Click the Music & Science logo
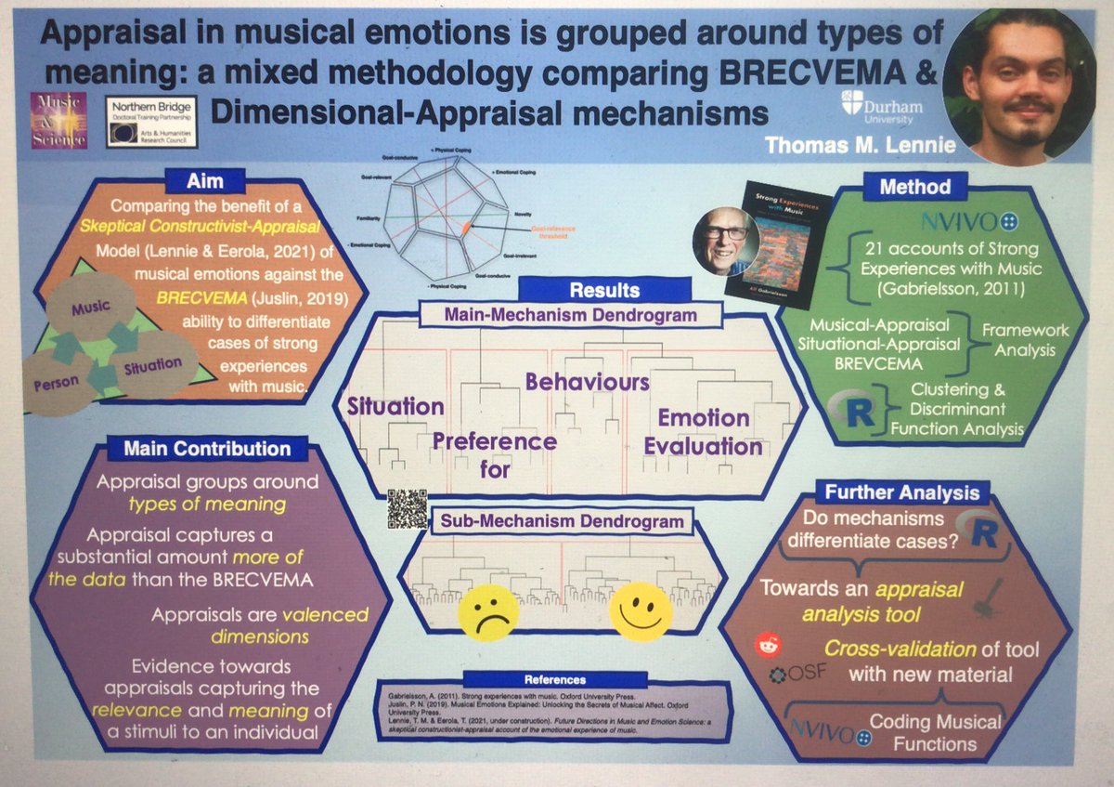click(59, 119)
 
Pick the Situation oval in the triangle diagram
click(153, 364)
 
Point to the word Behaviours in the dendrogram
click(586, 381)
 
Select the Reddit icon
click(767, 642)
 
